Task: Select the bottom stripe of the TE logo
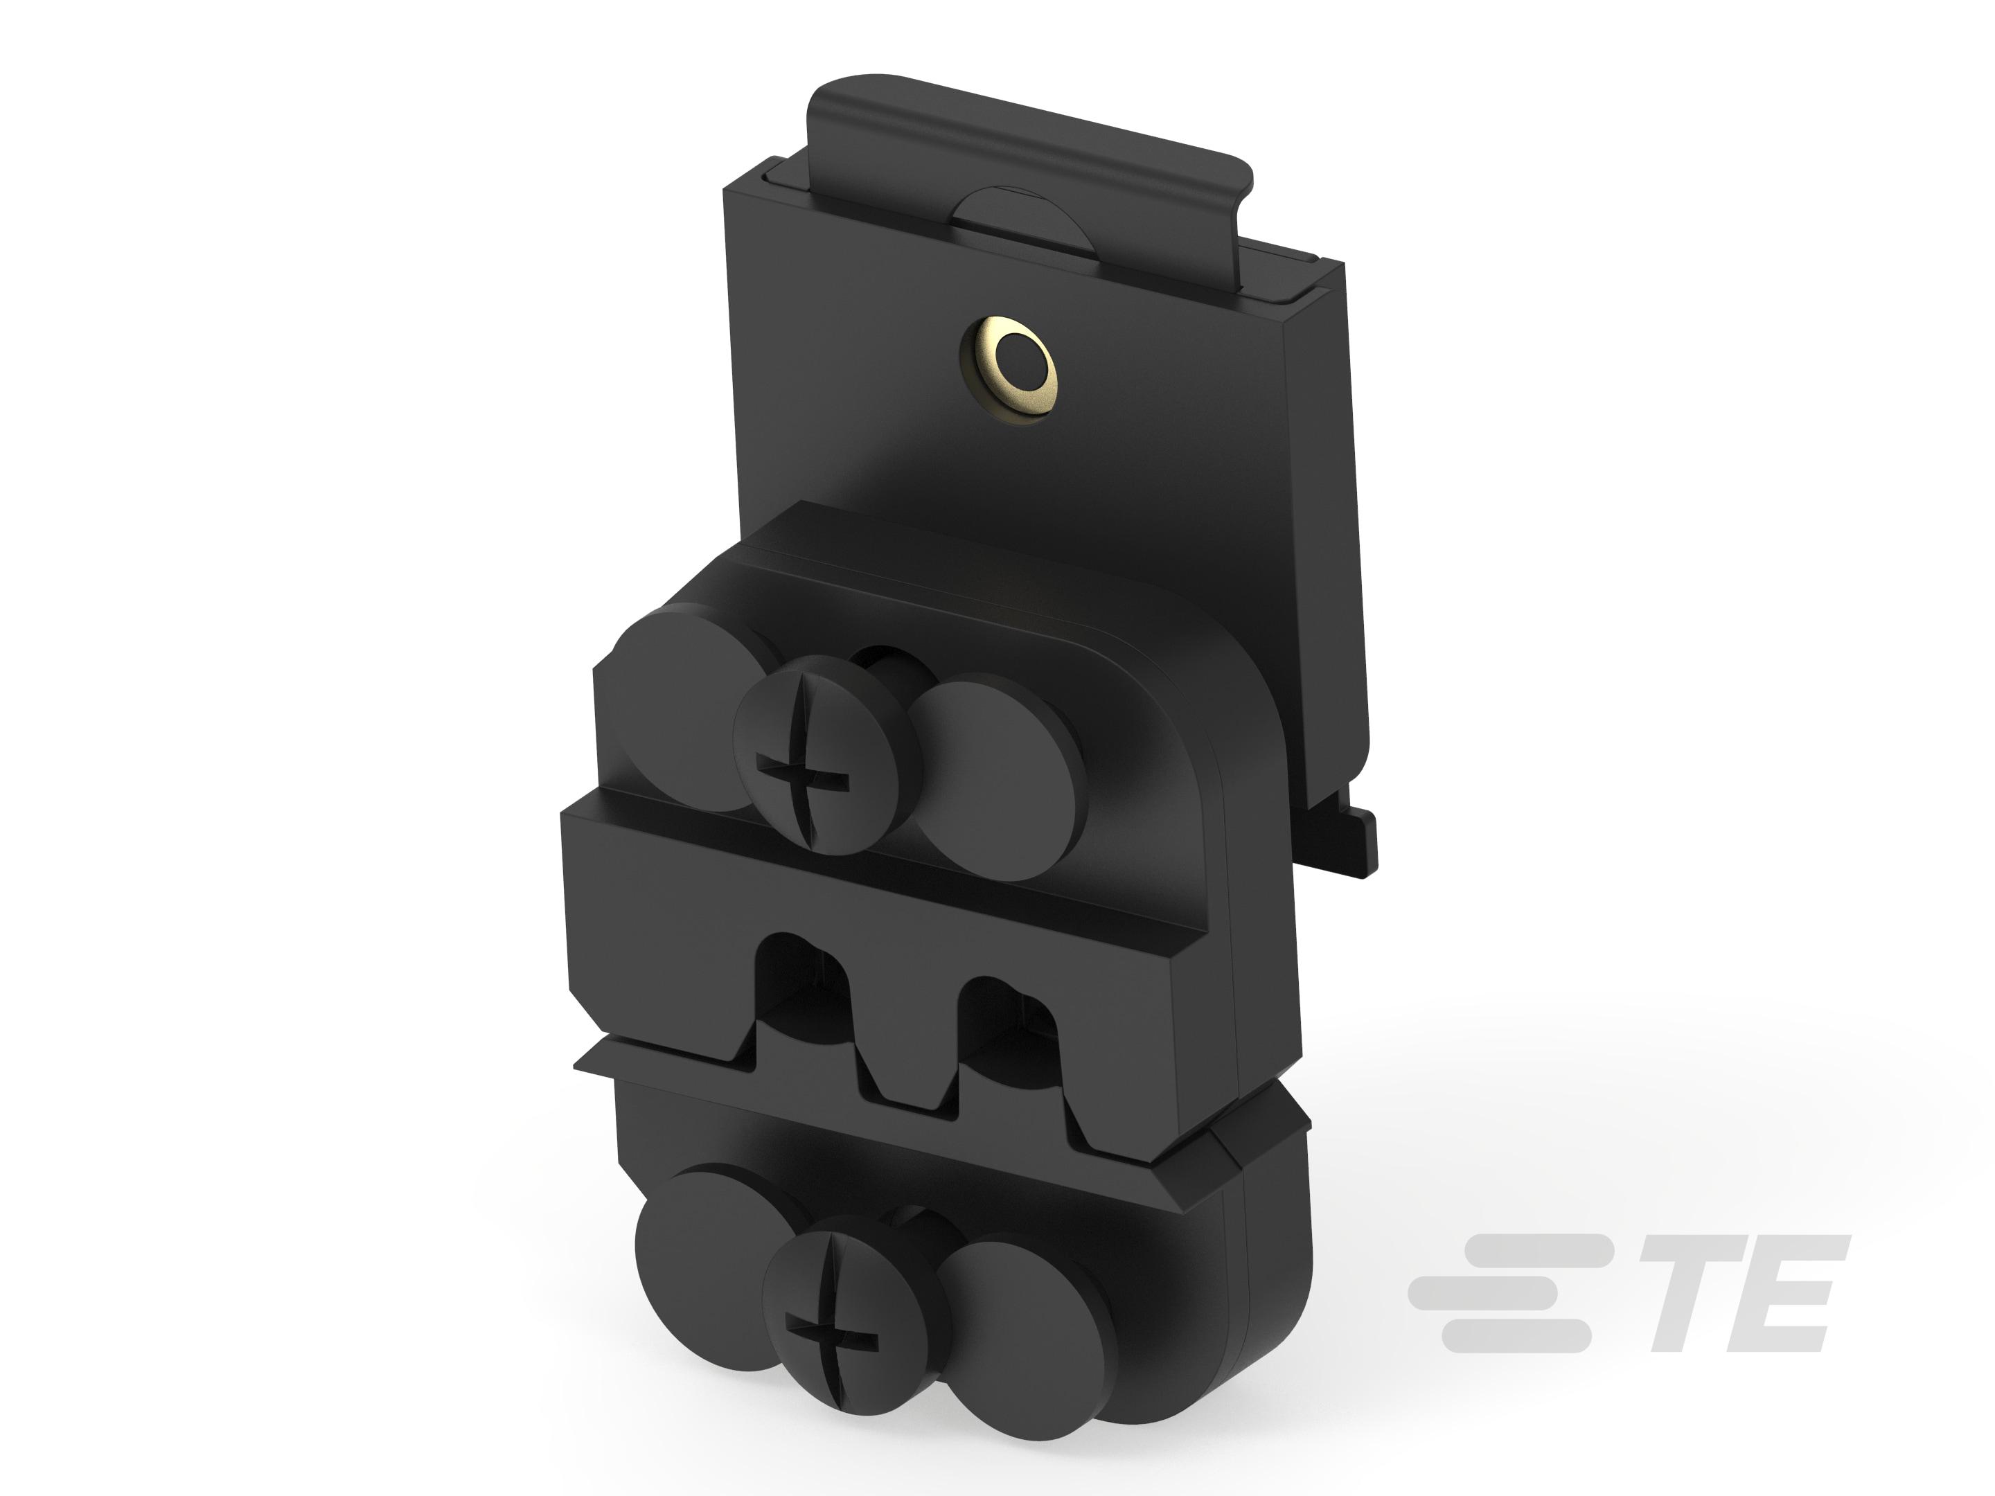pos(1515,1335)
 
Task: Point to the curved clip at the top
pos(1028,135)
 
